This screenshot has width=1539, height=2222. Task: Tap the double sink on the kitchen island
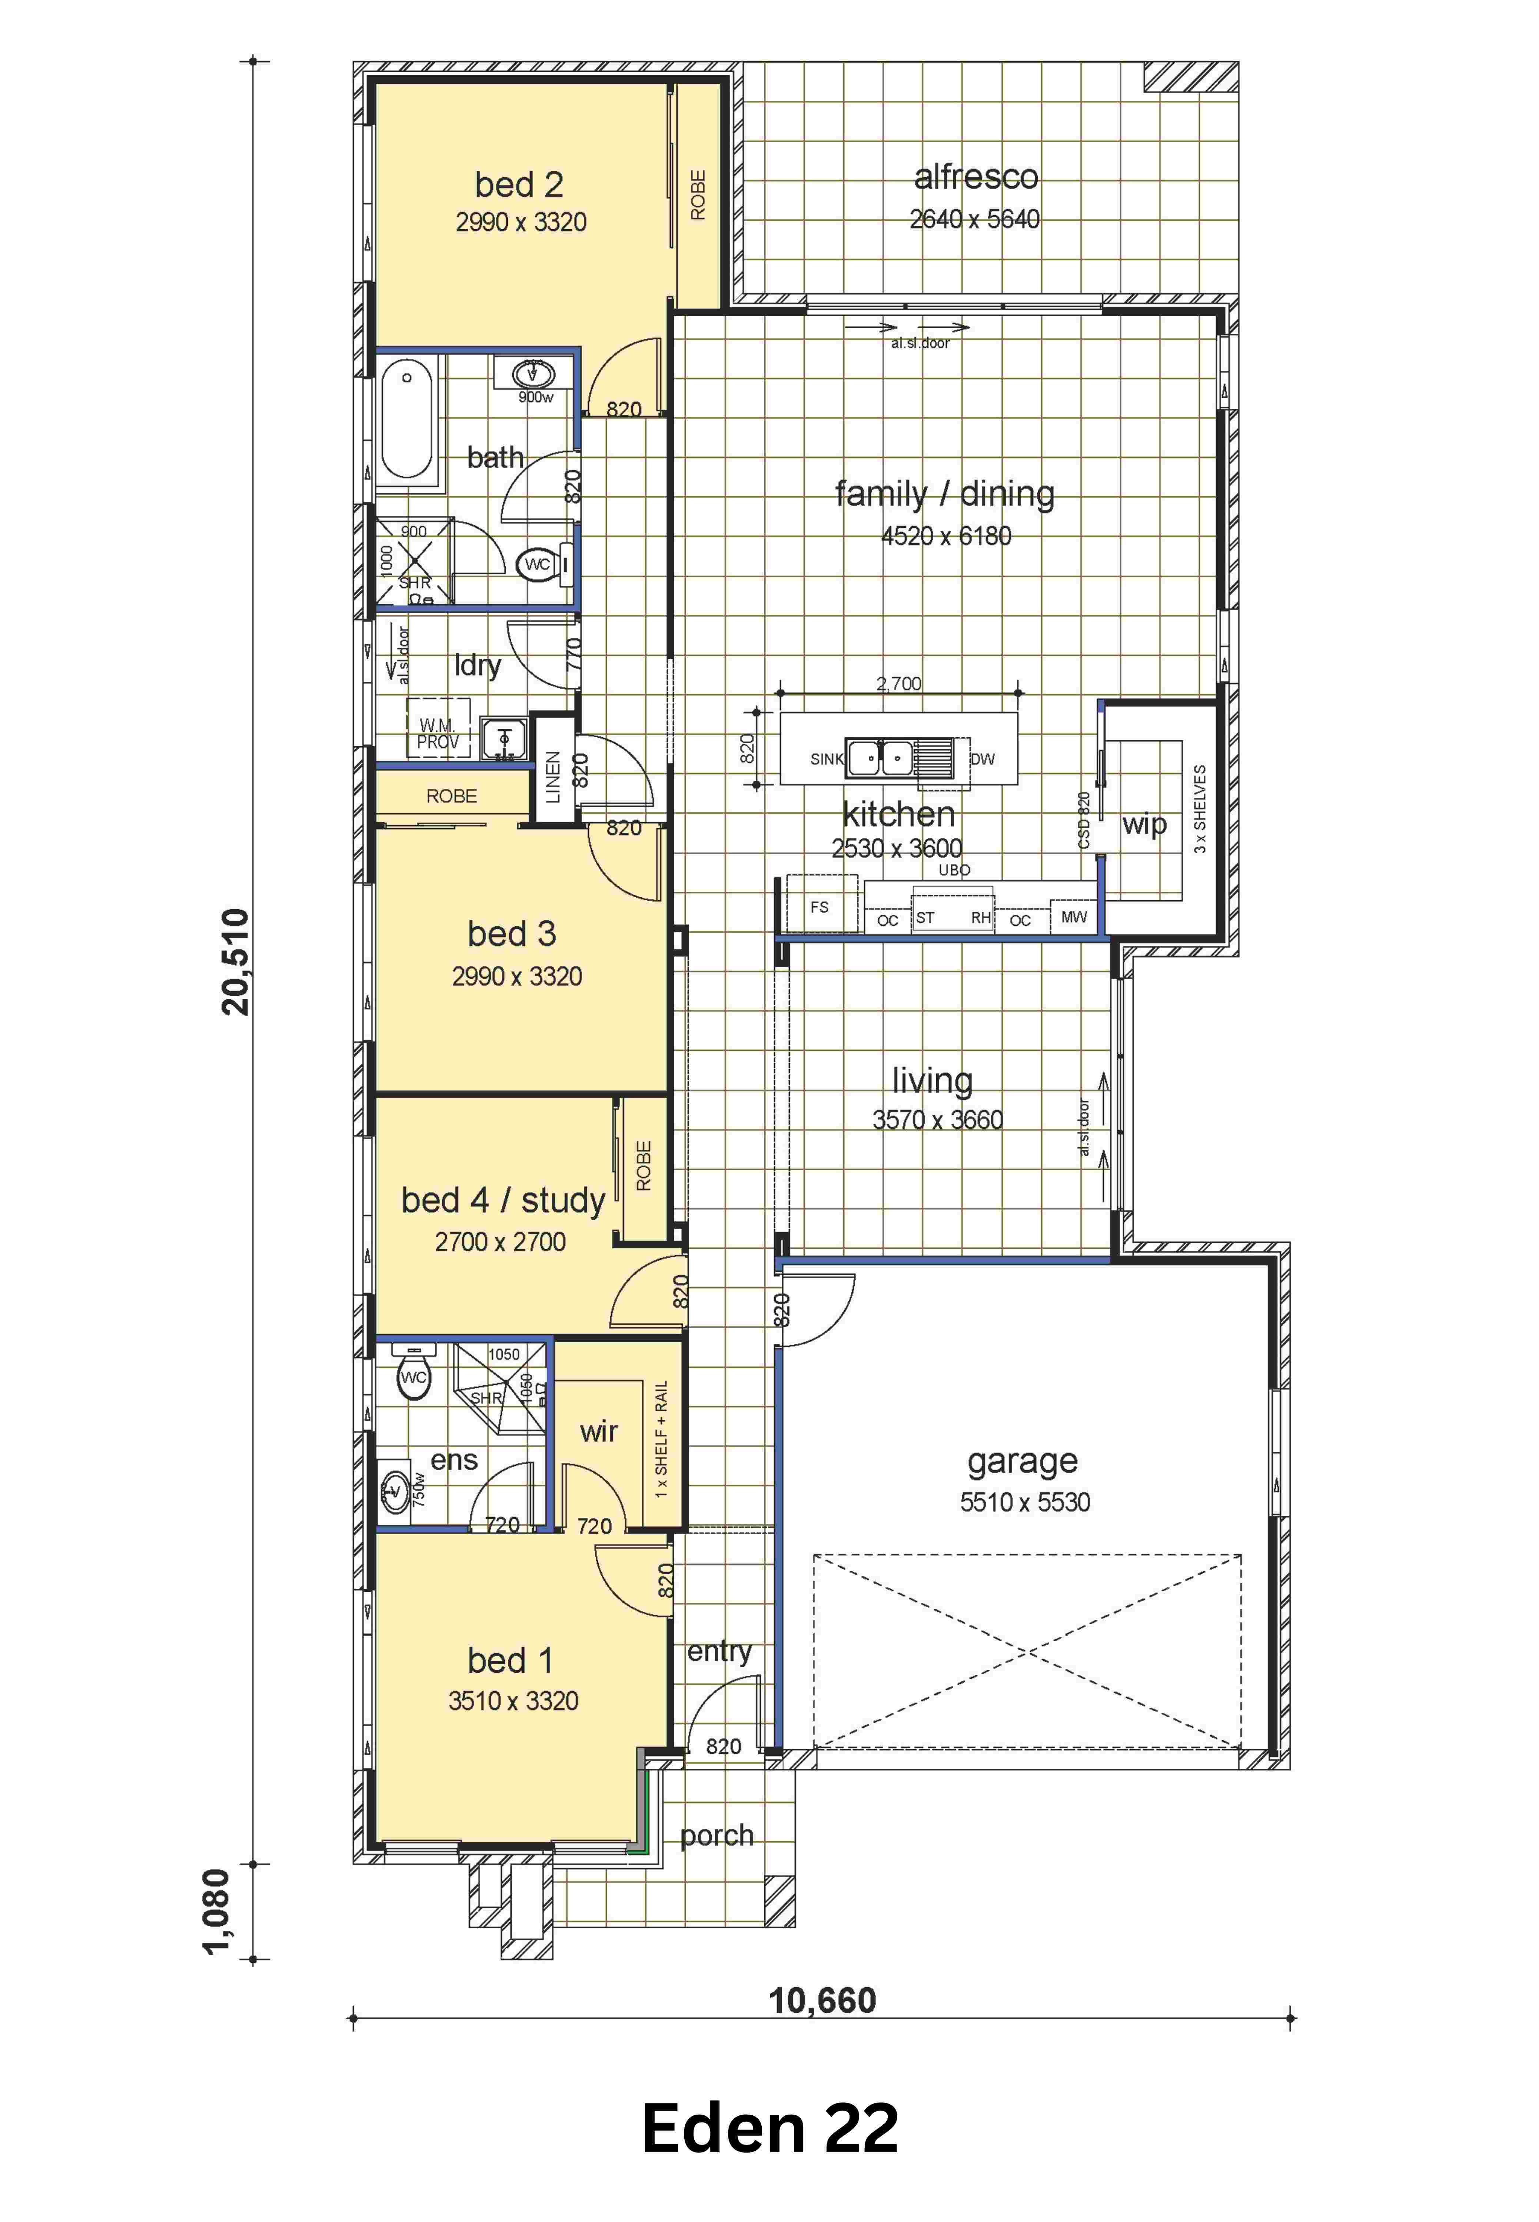[x=880, y=758]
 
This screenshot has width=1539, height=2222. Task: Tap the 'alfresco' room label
[x=976, y=177]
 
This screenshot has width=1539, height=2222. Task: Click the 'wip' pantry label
[x=1144, y=824]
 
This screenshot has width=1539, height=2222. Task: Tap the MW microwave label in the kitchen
[x=1073, y=917]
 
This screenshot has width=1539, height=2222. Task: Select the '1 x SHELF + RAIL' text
[x=661, y=1439]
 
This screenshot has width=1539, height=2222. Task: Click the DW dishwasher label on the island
[x=983, y=759]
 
